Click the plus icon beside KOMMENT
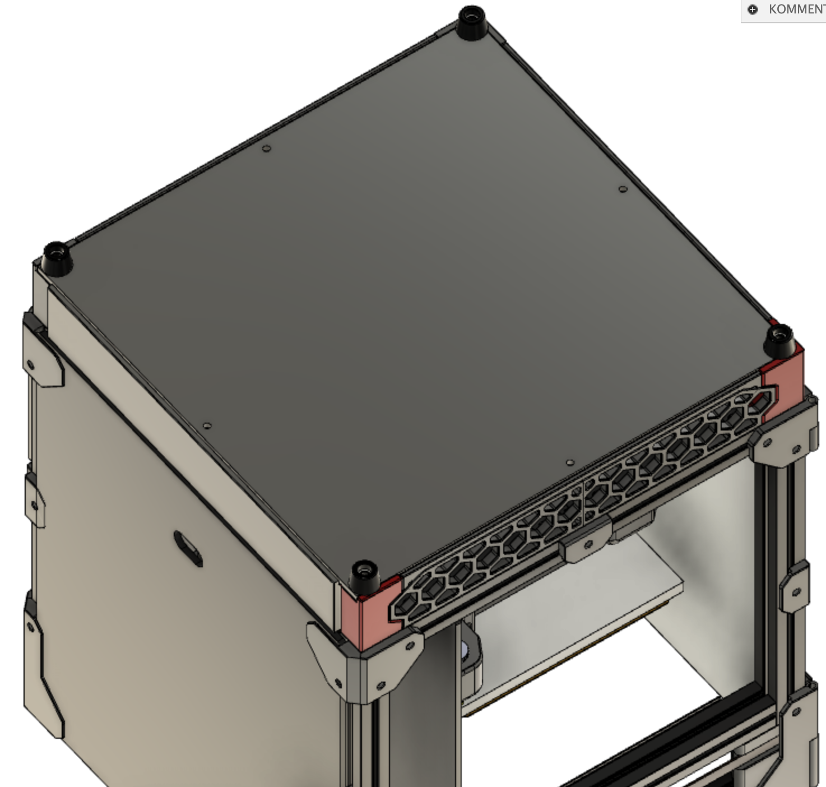pos(753,10)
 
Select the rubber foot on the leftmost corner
pos(57,258)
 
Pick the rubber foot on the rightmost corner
pos(779,341)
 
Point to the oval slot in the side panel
pos(188,548)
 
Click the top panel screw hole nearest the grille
pos(570,462)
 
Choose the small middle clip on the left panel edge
pos(34,499)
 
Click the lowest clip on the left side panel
pos(42,667)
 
